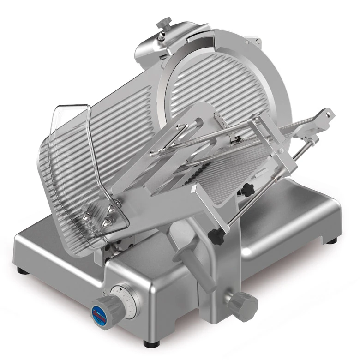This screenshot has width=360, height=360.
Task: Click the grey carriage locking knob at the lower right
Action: click(x=243, y=305)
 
